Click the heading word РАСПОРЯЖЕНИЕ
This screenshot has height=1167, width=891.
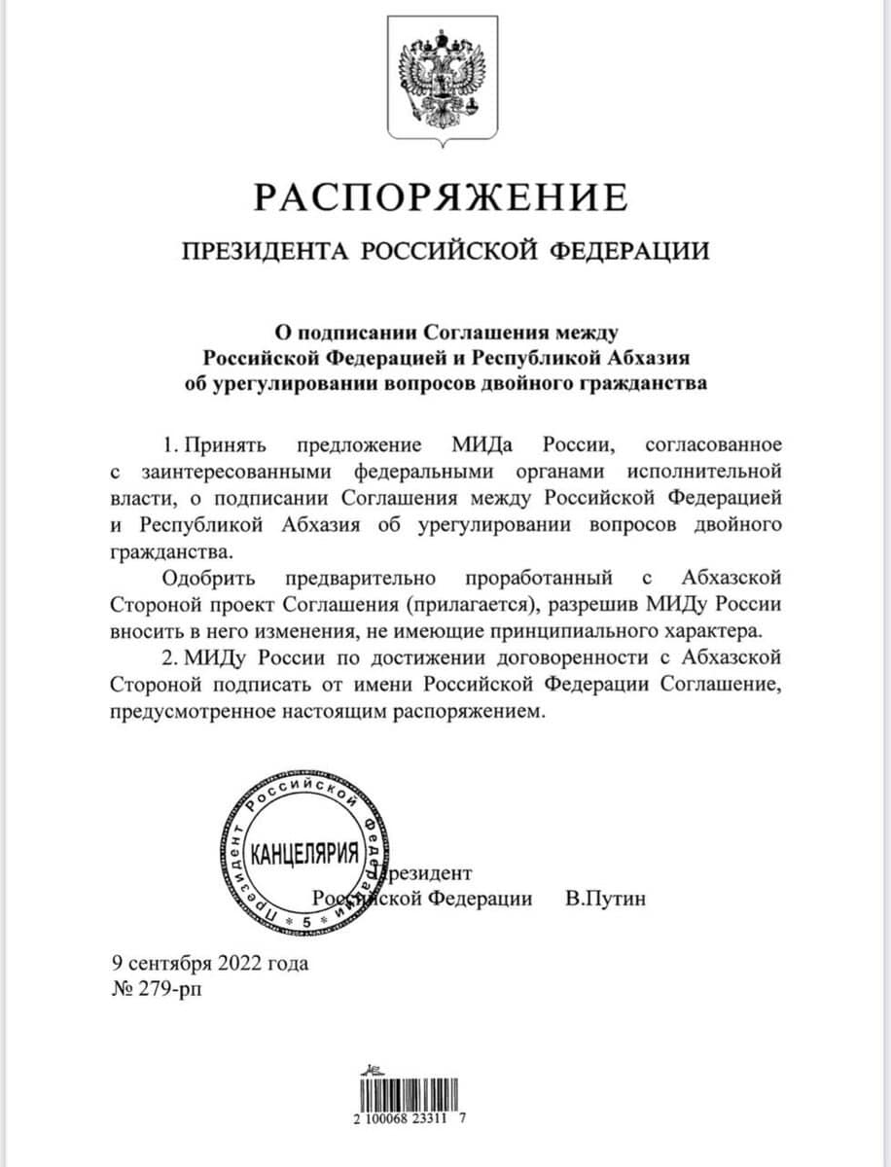click(441, 197)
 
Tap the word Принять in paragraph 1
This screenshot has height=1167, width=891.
click(220, 445)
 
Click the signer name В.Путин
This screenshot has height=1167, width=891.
click(605, 898)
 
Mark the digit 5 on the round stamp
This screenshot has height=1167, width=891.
click(306, 918)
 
